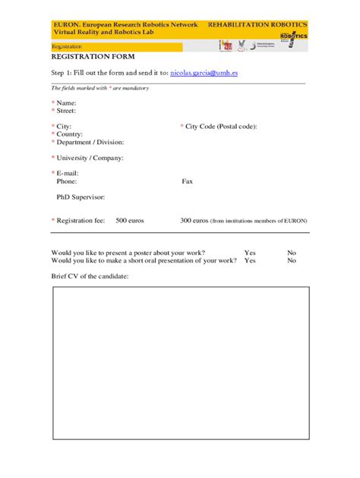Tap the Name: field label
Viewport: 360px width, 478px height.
pos(66,102)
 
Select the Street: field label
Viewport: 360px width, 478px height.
pos(67,110)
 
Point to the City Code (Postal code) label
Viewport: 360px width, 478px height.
pos(221,126)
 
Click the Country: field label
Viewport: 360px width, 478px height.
pos(70,134)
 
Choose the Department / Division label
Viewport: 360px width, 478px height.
pos(90,142)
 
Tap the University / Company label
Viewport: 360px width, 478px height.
pos(90,158)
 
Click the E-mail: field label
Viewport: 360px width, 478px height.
pos(68,174)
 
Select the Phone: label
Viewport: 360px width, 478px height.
pos(67,181)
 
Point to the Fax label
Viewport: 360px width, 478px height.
pos(188,181)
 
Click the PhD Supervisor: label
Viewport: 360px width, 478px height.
pos(81,197)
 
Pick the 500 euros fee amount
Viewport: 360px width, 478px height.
pos(129,220)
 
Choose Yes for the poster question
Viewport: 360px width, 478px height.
pos(250,252)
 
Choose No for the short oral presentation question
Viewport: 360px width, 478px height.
pos(292,260)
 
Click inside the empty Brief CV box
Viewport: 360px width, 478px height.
pos(180,363)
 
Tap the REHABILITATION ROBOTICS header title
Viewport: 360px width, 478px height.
pos(257,25)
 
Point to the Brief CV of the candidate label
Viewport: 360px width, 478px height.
pos(90,276)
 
